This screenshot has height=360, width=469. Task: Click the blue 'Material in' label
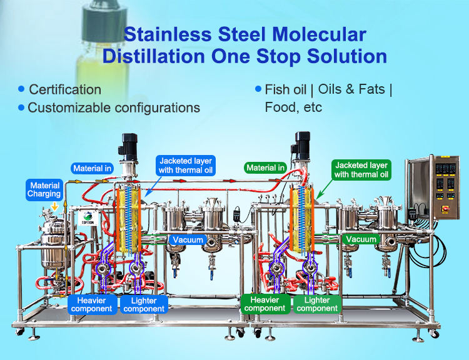coord(92,168)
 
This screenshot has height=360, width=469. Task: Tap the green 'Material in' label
coord(266,167)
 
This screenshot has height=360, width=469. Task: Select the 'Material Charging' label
coord(45,189)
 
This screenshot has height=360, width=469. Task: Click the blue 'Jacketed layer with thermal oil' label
coord(186,165)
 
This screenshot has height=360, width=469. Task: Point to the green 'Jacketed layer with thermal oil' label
coord(361,169)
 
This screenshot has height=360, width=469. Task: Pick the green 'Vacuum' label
coord(361,239)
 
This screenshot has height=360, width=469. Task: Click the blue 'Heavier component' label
coord(91,304)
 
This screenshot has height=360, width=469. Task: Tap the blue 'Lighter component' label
coord(144,304)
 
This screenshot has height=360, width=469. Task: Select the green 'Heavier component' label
coord(265,304)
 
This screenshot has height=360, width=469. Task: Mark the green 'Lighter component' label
coord(317,304)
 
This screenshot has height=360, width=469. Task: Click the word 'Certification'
coord(65,89)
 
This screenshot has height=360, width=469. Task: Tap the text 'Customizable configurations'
coord(114,107)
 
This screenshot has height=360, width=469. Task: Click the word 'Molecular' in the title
coord(313,34)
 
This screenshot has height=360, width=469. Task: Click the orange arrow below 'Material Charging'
coord(55,205)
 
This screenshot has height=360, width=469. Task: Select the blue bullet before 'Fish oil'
coord(258,89)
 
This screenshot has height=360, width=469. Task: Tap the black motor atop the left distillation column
coord(131,145)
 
